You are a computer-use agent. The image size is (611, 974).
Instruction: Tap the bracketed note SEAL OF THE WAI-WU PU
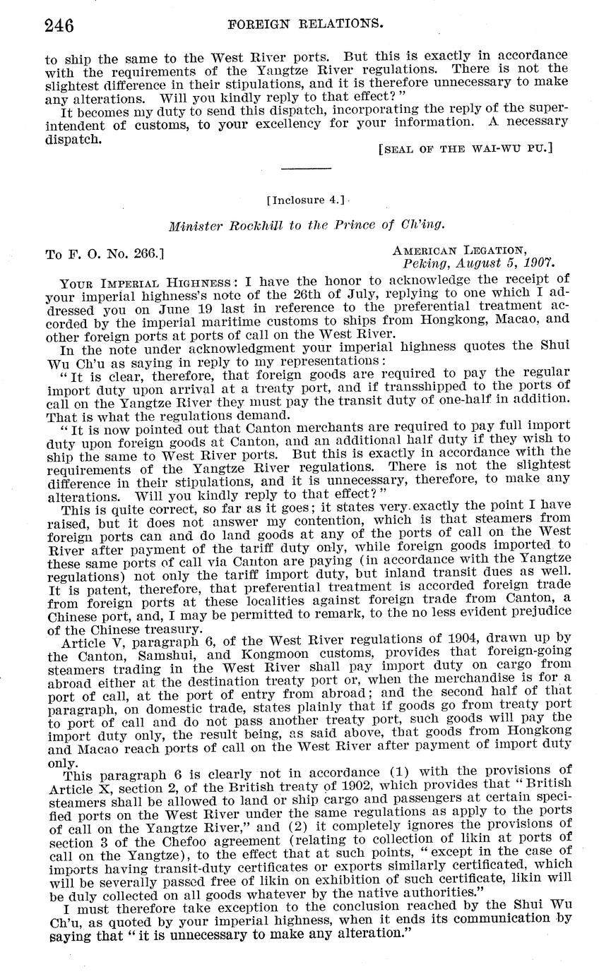465,148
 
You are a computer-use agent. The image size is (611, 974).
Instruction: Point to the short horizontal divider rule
305,169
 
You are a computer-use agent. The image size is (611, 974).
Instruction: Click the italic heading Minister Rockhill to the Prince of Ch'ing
306,226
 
